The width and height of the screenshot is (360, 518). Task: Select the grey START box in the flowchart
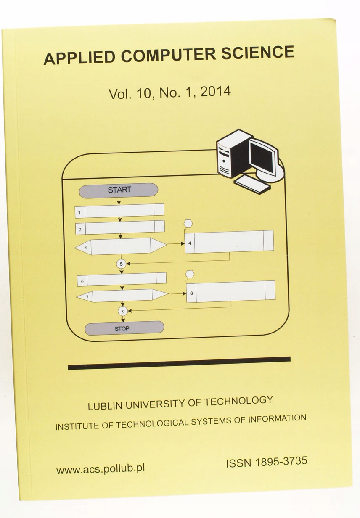coord(119,190)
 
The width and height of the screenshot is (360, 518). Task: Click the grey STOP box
coord(124,328)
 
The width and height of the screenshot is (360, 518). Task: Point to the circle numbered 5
coord(122,264)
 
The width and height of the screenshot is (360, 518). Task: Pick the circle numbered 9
coord(123,311)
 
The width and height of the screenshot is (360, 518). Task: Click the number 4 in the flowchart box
coord(190,243)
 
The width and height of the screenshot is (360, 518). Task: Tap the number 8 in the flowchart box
coord(191,293)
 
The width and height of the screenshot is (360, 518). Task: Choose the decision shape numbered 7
coord(122,296)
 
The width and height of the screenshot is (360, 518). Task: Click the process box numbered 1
coord(119,211)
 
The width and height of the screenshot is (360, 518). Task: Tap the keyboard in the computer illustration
coord(252,185)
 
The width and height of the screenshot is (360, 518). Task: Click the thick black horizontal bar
coord(179,363)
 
